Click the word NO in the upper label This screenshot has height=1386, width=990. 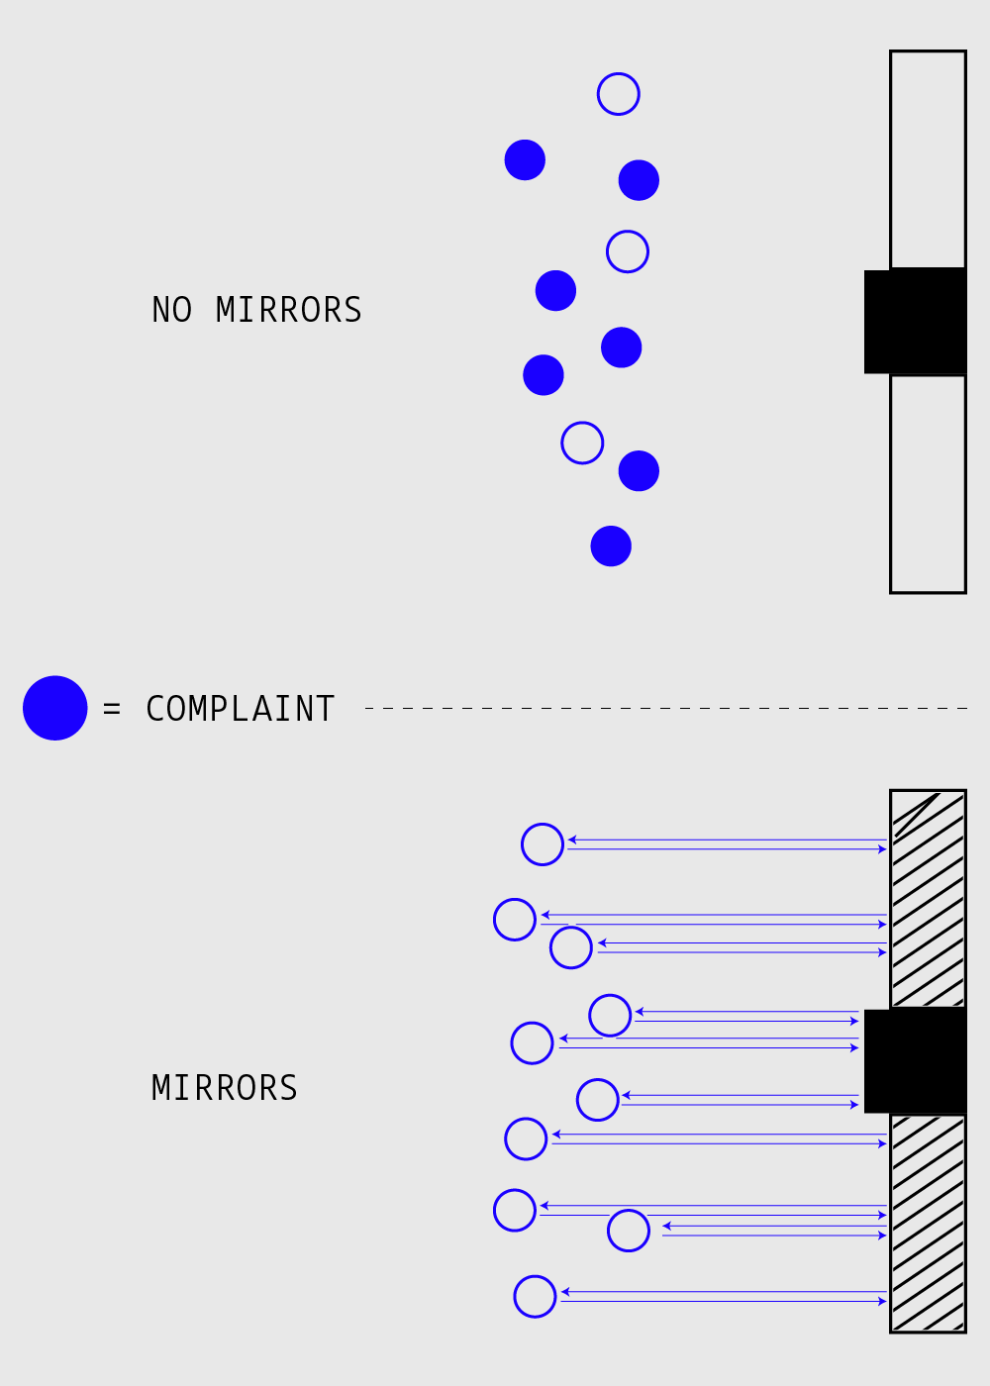pyautogui.click(x=171, y=310)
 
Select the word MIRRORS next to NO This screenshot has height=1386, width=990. pyautogui.click(x=289, y=310)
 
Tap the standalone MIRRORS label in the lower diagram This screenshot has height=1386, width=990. pyautogui.click(x=224, y=1088)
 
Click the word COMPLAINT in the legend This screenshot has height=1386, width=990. pyautogui.click(x=240, y=709)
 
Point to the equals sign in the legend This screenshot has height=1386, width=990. pyautogui.click(x=112, y=709)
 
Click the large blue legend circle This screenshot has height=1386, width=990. pyautogui.click(x=55, y=708)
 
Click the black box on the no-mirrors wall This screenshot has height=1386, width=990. pyautogui.click(x=915, y=321)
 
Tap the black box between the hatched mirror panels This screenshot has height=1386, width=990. pyautogui.click(x=915, y=1061)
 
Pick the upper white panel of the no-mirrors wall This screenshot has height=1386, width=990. pyautogui.click(x=928, y=158)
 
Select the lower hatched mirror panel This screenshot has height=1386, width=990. pyautogui.click(x=928, y=1223)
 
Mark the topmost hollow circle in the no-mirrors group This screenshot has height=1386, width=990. pyautogui.click(x=619, y=94)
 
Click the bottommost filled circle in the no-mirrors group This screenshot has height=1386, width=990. pyautogui.click(x=611, y=546)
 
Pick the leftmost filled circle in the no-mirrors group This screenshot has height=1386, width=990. pyautogui.click(x=525, y=160)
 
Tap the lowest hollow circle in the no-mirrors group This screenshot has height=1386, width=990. pyautogui.click(x=582, y=443)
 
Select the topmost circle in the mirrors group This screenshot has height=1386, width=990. pyautogui.click(x=543, y=844)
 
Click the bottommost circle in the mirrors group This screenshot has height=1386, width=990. pyautogui.click(x=535, y=1297)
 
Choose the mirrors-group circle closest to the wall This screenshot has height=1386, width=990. pyautogui.click(x=629, y=1231)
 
